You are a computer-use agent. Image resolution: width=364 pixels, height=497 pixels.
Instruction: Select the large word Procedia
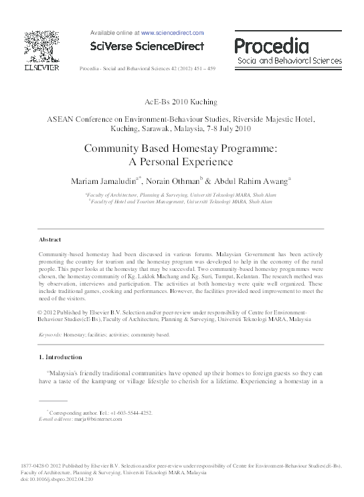point(271,45)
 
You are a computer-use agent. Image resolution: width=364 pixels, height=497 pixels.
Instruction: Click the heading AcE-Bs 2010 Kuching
point(181,102)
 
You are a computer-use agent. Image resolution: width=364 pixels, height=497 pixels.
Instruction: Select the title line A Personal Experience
point(181,162)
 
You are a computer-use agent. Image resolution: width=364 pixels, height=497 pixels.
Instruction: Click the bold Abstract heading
point(50,239)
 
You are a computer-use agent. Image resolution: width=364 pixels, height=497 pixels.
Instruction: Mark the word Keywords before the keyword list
point(50,333)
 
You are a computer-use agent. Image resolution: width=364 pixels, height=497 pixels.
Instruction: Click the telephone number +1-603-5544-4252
point(130,413)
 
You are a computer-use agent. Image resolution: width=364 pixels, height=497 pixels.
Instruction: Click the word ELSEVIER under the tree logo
point(42,68)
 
